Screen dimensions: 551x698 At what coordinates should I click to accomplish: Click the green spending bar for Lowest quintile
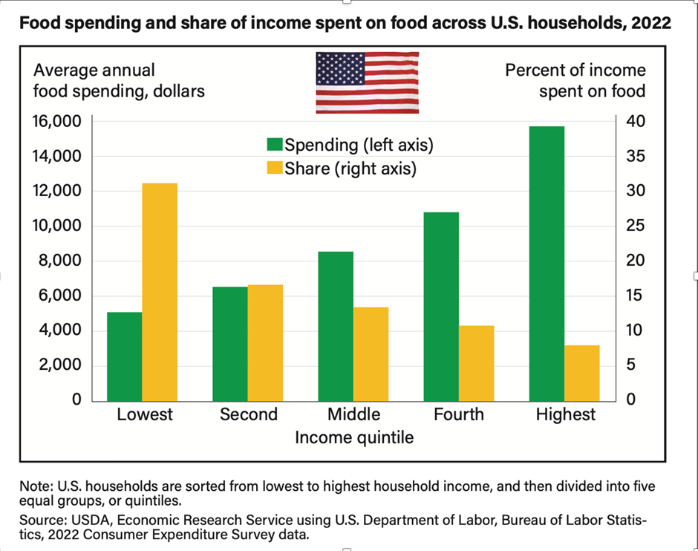pyautogui.click(x=125, y=356)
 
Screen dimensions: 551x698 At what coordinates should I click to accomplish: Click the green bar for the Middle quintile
pyautogui.click(x=336, y=327)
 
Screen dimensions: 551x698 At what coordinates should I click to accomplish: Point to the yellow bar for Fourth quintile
pyautogui.click(x=476, y=363)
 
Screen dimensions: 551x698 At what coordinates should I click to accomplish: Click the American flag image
pyautogui.click(x=367, y=82)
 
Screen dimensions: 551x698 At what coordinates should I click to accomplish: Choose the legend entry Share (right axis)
pyautogui.click(x=343, y=169)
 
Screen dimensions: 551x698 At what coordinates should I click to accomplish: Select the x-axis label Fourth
pyautogui.click(x=459, y=414)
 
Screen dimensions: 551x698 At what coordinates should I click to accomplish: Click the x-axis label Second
pyautogui.click(x=248, y=414)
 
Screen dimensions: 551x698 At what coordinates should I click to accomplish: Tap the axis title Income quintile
pyautogui.click(x=353, y=437)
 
